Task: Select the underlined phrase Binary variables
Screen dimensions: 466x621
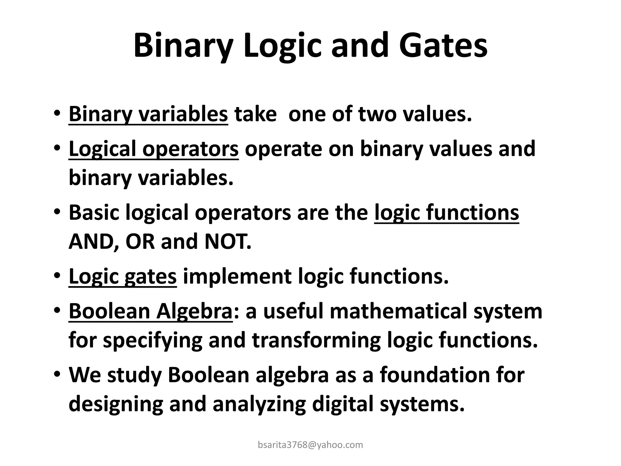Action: pos(148,115)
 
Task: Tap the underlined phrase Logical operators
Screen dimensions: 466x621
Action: pos(153,149)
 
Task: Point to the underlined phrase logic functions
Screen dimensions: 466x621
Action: pos(446,212)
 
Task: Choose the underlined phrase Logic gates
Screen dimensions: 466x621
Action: pos(123,277)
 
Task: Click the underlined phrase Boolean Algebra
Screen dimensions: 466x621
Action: pos(150,311)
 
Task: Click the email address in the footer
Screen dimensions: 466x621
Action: pos(310,445)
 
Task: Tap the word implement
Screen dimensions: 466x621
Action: pos(237,277)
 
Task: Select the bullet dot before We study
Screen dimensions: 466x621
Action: pos(57,375)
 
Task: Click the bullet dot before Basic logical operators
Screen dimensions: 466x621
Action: pos(57,213)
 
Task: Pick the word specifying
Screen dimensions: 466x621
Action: pos(153,340)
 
